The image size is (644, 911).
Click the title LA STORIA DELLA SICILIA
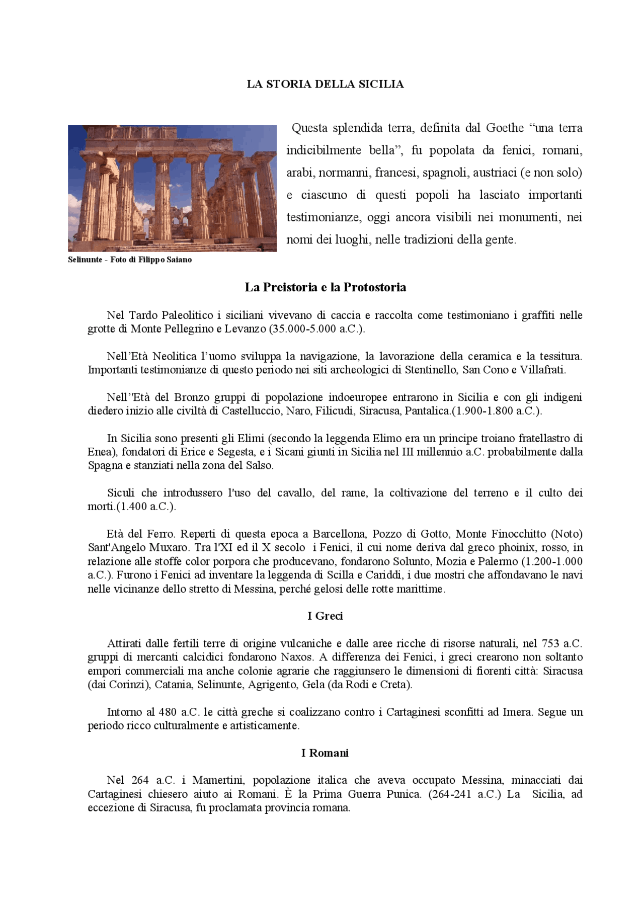(x=325, y=84)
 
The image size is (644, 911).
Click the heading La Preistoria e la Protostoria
(x=325, y=287)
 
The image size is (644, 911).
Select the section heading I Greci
(x=325, y=616)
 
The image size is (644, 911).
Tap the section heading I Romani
(x=325, y=753)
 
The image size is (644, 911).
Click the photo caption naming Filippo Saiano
(x=130, y=260)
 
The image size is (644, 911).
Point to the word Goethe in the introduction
(x=505, y=128)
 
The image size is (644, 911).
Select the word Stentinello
(x=431, y=370)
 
